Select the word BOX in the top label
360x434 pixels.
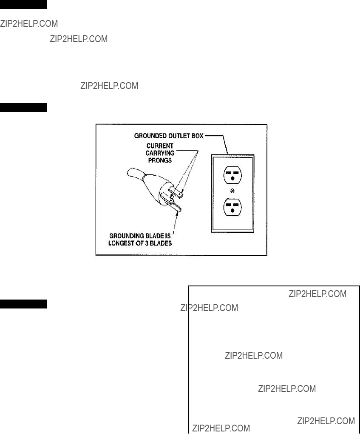(197, 136)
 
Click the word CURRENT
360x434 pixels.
(160, 146)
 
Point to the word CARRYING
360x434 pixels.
(160, 153)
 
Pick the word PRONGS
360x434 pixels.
(160, 160)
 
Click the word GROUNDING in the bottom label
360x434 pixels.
(127, 236)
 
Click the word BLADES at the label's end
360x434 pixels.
(161, 243)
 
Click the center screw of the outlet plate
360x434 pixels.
(232, 191)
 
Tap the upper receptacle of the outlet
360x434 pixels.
(232, 175)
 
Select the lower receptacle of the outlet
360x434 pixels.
(232, 207)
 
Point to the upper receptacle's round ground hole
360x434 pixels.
(232, 179)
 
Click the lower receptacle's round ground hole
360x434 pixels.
(232, 211)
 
